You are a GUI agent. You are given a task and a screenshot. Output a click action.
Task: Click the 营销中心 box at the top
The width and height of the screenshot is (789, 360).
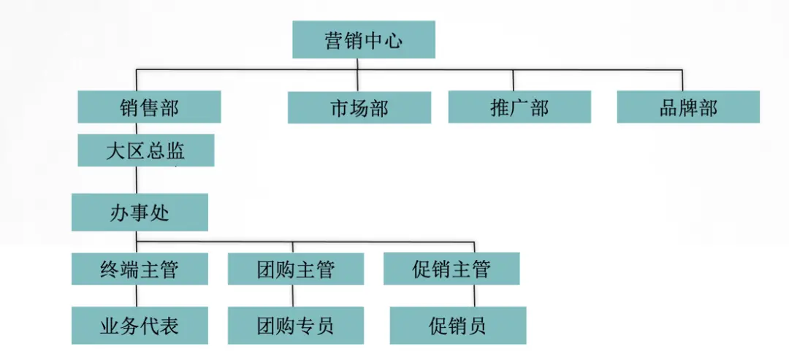pos(364,39)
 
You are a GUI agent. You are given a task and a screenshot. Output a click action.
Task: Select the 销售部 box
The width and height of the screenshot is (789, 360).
pos(150,107)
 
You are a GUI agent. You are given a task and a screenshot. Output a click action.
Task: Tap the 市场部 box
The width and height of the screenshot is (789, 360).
pos(359,107)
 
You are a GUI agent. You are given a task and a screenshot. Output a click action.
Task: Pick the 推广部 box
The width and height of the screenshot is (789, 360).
pos(520,107)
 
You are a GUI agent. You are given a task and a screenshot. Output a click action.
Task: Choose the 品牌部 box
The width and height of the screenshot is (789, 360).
pos(688,107)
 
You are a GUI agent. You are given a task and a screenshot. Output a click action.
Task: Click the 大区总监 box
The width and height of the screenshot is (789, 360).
pos(146,150)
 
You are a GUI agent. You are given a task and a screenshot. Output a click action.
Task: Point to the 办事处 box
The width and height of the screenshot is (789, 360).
pos(140,212)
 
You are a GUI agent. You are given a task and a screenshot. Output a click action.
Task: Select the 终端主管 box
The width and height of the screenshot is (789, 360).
pos(140,269)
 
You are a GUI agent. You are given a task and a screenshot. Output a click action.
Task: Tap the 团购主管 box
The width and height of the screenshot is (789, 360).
pos(296,269)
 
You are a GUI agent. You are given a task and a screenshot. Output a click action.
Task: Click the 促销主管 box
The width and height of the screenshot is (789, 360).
pos(452,269)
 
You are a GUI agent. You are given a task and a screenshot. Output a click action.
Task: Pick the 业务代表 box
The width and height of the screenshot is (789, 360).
pos(140,325)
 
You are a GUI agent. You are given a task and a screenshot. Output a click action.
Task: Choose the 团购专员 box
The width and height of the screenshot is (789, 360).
pos(296,325)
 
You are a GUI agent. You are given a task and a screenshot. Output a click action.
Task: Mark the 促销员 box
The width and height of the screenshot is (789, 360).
pos(458,325)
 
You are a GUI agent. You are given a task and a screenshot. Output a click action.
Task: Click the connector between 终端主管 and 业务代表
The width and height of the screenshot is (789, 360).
pos(137,296)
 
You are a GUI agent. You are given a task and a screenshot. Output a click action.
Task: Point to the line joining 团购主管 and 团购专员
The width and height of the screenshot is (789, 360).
pos(293,296)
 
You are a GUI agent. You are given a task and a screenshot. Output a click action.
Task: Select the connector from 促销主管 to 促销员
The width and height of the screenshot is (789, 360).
pos(474,296)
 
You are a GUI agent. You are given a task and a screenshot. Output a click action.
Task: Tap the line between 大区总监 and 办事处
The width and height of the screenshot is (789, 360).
pos(137,180)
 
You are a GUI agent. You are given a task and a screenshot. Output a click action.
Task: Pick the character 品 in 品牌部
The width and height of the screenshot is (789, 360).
pos(668,107)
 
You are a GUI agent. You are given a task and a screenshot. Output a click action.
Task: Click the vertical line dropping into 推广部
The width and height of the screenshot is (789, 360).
pos(514,80)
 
